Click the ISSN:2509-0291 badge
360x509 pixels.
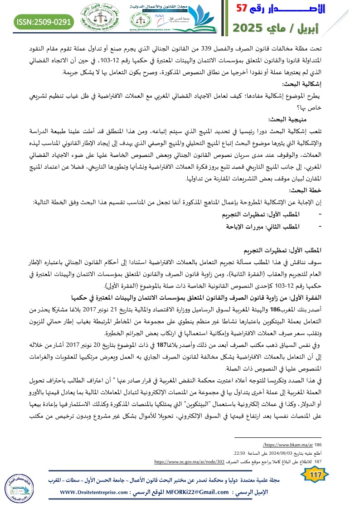click(x=44, y=21)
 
